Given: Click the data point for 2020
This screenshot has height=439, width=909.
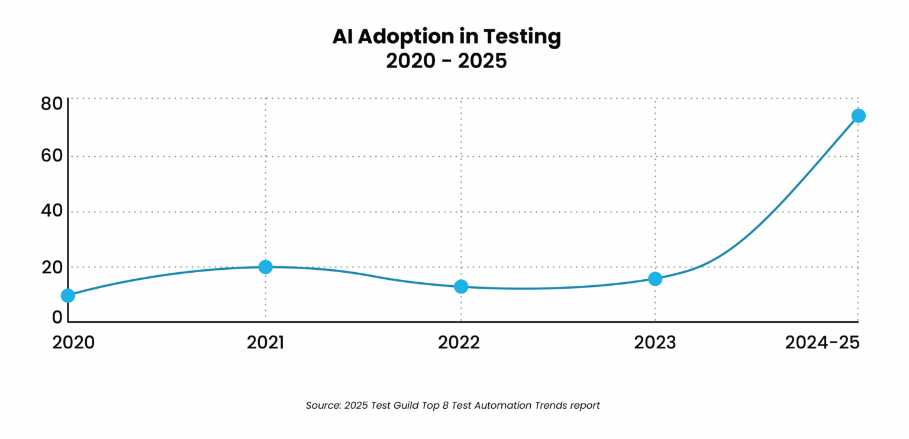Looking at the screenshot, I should tap(68, 295).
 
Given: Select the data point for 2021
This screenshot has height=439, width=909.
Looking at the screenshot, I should tap(266, 267).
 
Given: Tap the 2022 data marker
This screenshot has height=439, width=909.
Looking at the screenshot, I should tap(461, 286).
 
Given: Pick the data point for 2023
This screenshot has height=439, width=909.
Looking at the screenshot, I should tap(655, 279).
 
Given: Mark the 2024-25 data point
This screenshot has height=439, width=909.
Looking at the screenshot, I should tap(858, 115).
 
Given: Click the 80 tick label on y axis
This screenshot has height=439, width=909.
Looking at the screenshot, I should tap(51, 104).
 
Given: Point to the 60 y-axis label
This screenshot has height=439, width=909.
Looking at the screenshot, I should tap(51, 157).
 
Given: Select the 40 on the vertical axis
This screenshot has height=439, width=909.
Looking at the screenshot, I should tap(51, 212).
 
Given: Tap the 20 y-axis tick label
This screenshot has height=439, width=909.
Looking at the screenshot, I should tap(51, 267).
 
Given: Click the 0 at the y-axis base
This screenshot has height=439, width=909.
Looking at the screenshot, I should tap(57, 317).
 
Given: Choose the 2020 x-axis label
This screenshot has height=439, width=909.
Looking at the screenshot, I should tap(73, 343).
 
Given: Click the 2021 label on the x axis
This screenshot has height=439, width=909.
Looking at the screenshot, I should tap(266, 343).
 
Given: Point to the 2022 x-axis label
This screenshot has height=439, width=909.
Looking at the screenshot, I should tap(459, 343).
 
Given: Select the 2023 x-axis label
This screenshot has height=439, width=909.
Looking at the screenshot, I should tap(655, 343).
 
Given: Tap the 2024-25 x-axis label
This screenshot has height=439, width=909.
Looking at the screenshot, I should tap(822, 343).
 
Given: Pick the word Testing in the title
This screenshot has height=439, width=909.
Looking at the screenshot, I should tap(522, 37).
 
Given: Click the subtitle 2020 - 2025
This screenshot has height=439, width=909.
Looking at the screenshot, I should tap(446, 61).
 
